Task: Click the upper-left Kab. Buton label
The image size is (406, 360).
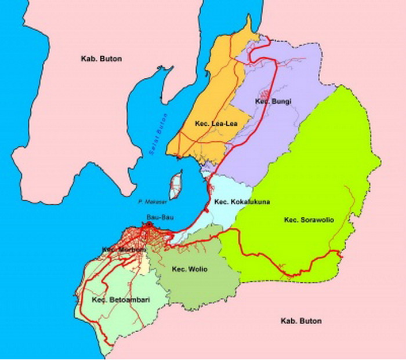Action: click(101, 59)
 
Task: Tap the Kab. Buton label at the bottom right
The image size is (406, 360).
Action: click(300, 321)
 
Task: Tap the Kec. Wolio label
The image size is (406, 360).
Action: click(190, 269)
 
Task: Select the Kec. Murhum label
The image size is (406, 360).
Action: click(122, 250)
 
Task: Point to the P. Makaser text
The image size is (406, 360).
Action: click(149, 202)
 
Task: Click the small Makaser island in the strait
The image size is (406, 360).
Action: click(175, 185)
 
